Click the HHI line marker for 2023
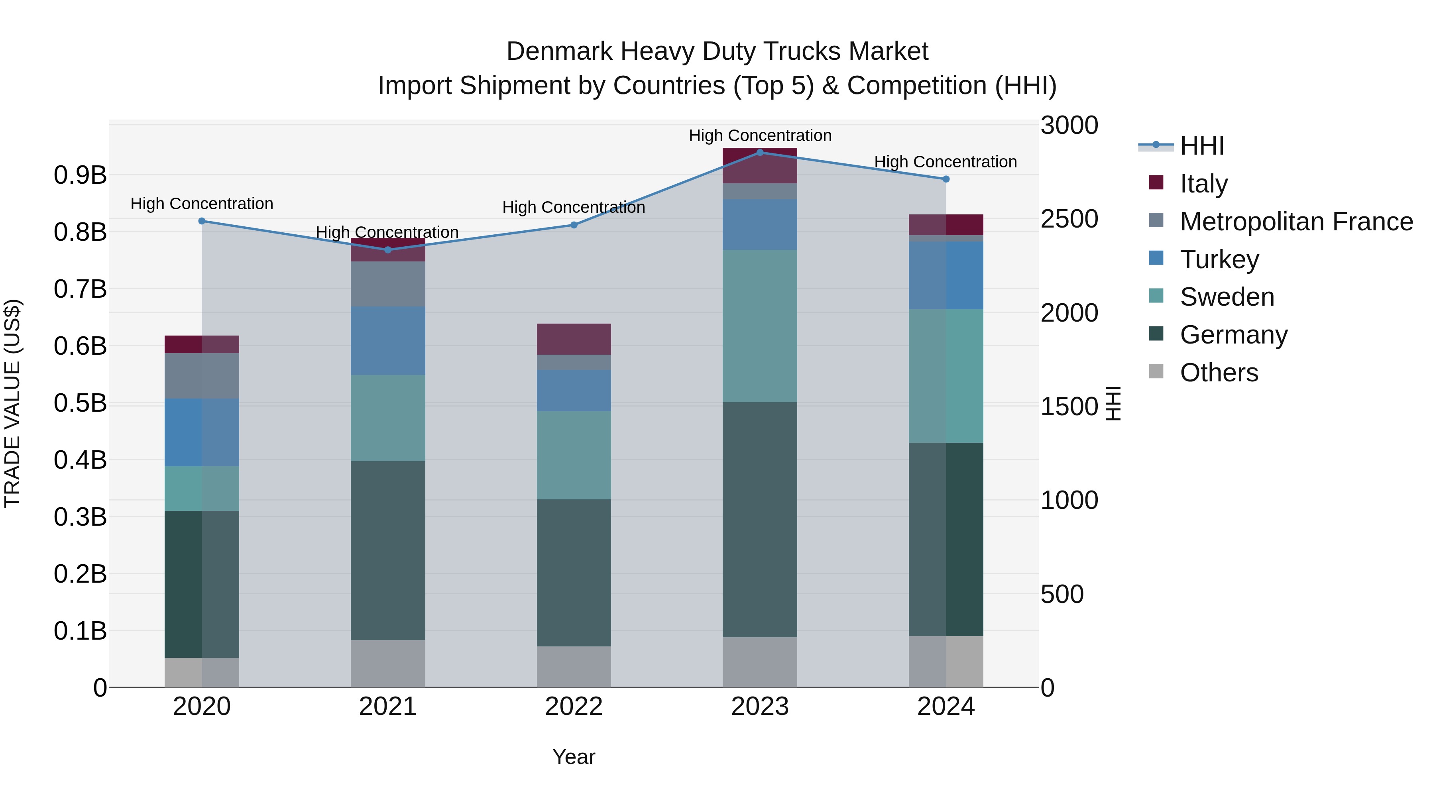(x=760, y=153)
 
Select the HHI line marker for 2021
(x=388, y=250)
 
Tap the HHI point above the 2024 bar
(x=946, y=179)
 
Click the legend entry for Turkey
(x=1219, y=259)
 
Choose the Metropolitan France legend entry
(x=1296, y=222)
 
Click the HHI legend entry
(x=1201, y=146)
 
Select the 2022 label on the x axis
(x=574, y=707)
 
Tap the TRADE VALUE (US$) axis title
(x=12, y=403)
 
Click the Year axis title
(x=574, y=757)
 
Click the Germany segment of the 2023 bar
(x=760, y=520)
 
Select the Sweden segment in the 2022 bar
(x=574, y=455)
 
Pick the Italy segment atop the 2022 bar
(x=574, y=339)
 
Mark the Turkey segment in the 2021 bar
(x=388, y=341)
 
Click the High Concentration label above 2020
(x=202, y=204)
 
